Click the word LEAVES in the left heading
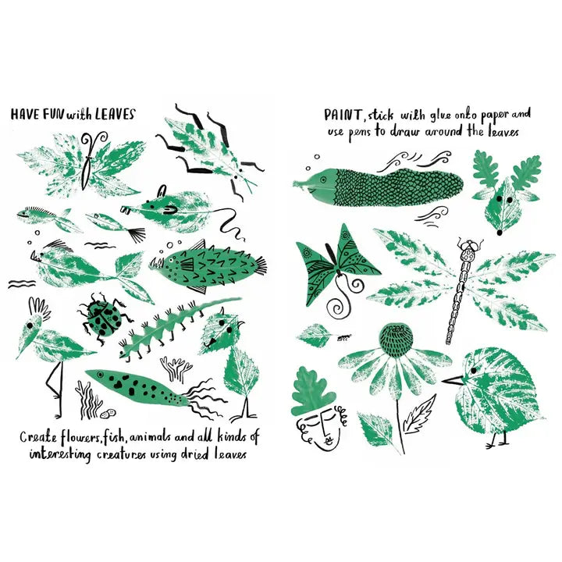pos(115,114)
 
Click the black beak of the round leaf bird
pos(453,380)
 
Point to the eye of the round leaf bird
pos(474,370)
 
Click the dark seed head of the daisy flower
pos(397,340)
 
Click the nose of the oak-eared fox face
pos(500,233)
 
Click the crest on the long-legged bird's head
pos(40,306)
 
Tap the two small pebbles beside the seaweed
pos(108,413)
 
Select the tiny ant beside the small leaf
pos(344,336)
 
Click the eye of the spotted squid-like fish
pos(100,375)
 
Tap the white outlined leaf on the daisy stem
pos(419,414)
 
